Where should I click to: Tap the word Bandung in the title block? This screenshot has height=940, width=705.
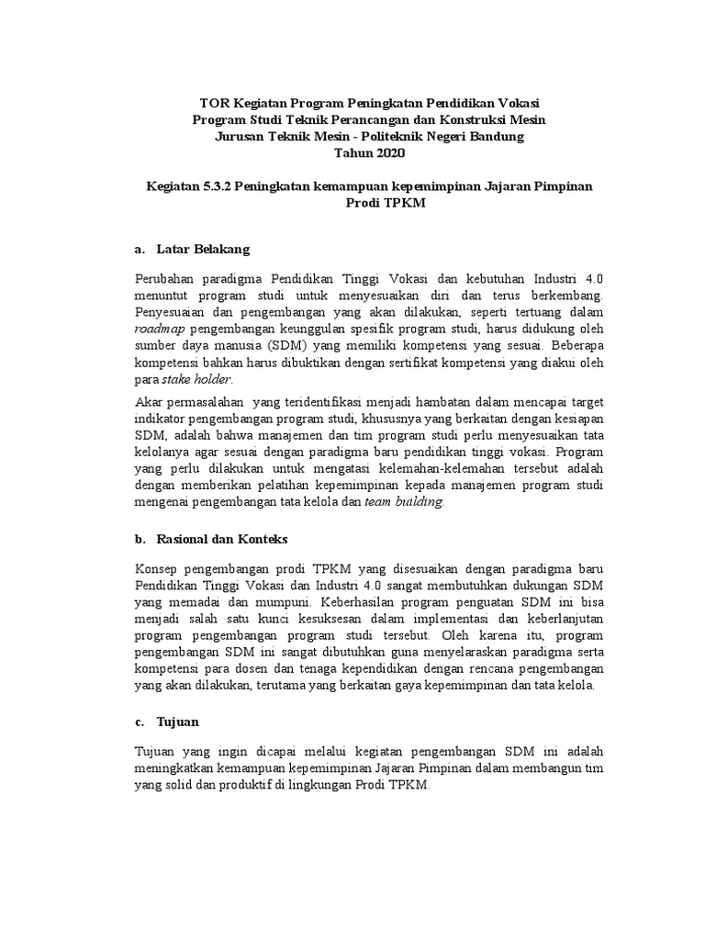click(498, 137)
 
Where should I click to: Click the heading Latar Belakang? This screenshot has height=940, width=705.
click(203, 249)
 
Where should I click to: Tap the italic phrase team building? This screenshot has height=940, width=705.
click(404, 501)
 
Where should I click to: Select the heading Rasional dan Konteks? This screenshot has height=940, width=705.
click(222, 538)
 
